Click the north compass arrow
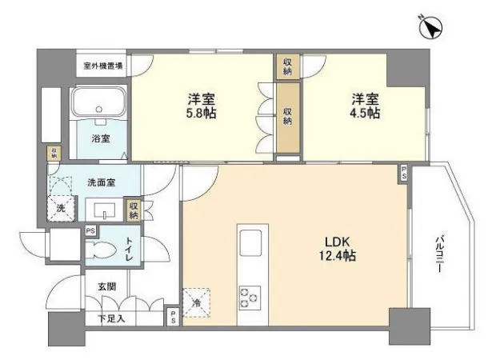click(431, 27)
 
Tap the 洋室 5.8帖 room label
click(202, 106)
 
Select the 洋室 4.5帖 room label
click(365, 106)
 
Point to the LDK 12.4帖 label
click(338, 249)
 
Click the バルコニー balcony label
click(438, 254)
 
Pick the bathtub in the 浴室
click(99, 102)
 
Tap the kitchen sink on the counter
click(250, 243)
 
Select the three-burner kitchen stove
click(250, 298)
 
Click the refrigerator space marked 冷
click(197, 302)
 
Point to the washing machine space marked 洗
click(62, 208)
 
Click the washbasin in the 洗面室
click(104, 210)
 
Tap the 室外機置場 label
click(103, 66)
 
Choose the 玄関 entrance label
click(106, 286)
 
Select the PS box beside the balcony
click(404, 173)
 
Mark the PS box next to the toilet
click(90, 231)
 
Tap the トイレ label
click(130, 249)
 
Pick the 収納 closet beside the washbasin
click(134, 210)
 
